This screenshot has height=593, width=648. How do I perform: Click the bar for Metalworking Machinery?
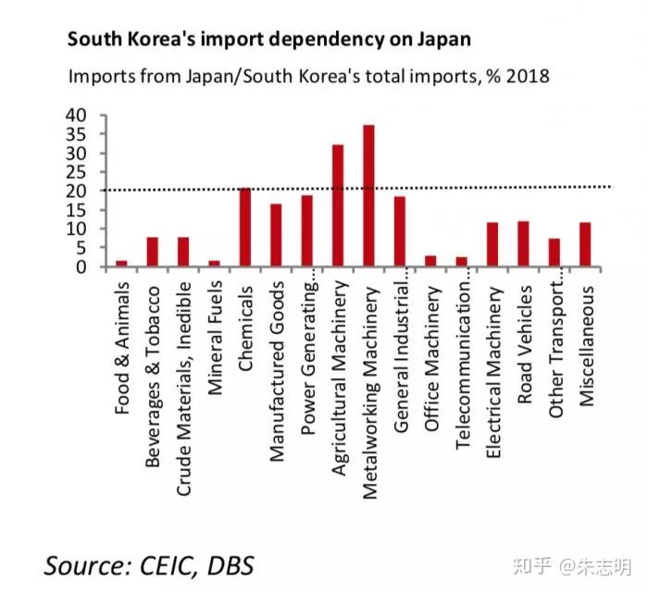(368, 196)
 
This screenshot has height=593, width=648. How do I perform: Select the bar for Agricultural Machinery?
(338, 206)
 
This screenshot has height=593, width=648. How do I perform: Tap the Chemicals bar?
(245, 228)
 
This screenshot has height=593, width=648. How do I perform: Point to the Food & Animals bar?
(121, 264)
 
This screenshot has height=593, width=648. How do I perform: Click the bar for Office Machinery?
(430, 262)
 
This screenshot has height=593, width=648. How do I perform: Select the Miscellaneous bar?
(585, 245)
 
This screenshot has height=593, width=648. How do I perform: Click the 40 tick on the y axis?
(75, 116)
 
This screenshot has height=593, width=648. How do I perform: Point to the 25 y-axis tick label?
(75, 173)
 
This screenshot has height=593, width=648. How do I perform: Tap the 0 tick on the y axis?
(81, 267)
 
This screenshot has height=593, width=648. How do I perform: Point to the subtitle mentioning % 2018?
(308, 76)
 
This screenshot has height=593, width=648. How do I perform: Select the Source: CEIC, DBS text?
(148, 563)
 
